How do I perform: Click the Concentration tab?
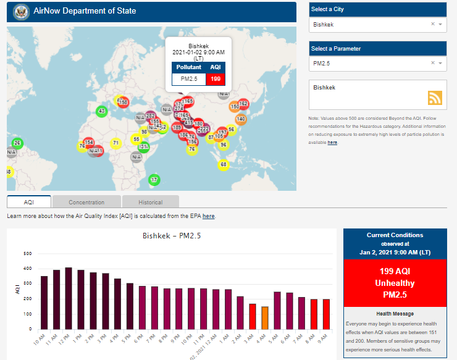point(86,202)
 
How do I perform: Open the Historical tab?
point(150,202)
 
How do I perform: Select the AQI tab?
point(29,202)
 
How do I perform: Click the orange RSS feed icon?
point(435,98)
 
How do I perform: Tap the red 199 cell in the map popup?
point(216,79)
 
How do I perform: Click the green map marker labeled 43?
point(102,111)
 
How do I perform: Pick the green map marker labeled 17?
point(154,180)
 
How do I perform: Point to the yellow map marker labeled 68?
point(223,165)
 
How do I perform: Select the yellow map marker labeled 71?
point(115,143)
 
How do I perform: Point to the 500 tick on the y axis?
point(27,254)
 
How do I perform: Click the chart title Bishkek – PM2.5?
point(172,236)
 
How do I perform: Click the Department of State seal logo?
point(21,12)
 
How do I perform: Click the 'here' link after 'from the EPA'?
point(209,216)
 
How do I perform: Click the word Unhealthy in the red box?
point(394,282)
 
